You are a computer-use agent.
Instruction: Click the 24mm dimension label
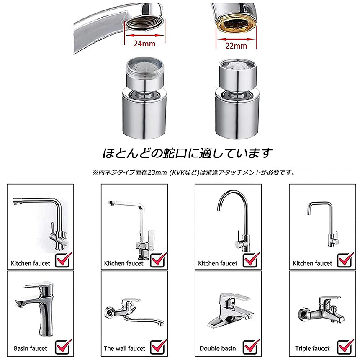click(x=144, y=44)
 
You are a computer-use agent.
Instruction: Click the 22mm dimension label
click(x=236, y=46)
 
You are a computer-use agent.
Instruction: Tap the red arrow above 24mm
click(x=144, y=35)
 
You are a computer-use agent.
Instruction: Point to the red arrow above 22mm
click(x=236, y=39)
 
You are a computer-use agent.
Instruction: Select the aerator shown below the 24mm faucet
click(x=144, y=98)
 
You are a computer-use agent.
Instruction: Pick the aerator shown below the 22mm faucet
click(x=237, y=99)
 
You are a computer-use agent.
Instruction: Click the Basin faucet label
click(x=30, y=348)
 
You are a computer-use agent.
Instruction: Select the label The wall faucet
click(x=124, y=348)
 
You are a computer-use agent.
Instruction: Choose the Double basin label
click(x=217, y=348)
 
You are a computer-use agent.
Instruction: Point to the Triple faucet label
click(x=312, y=348)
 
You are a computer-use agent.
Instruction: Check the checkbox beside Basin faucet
click(x=62, y=347)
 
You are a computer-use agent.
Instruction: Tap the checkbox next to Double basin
click(x=250, y=347)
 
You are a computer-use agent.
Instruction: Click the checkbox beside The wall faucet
click(x=157, y=347)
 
